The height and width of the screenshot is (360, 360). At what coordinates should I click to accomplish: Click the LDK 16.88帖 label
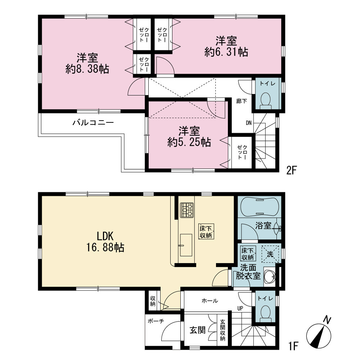(x=105, y=242)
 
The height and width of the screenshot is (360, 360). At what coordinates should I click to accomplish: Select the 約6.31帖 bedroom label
(x=226, y=46)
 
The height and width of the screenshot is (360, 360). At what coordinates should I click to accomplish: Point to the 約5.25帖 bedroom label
(x=189, y=136)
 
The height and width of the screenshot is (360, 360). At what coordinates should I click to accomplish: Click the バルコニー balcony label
(x=93, y=122)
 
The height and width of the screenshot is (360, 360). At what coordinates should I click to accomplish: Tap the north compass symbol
(x=319, y=333)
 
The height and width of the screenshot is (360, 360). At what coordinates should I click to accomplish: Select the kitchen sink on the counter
(x=186, y=245)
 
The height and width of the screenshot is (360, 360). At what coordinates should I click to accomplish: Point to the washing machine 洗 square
(x=270, y=254)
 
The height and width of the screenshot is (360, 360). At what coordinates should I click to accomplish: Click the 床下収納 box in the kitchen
(x=206, y=231)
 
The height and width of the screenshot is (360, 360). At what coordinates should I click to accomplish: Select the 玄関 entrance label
(x=197, y=330)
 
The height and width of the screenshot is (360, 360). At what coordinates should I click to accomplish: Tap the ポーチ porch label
(x=156, y=321)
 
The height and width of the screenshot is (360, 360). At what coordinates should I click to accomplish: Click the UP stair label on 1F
(x=240, y=309)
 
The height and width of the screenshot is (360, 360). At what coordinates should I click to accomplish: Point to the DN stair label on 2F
(x=249, y=123)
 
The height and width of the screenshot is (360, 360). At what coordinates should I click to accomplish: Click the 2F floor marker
(x=292, y=171)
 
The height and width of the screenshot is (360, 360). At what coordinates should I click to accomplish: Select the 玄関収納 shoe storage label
(x=222, y=330)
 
